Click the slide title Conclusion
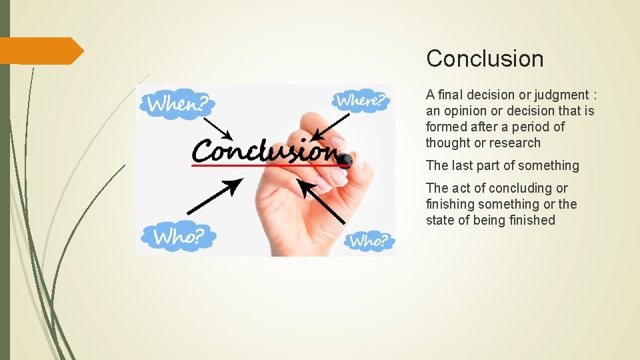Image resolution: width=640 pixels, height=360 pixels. click(485, 59)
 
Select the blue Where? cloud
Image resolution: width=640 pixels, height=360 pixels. click(360, 101)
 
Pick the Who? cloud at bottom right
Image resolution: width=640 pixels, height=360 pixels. click(369, 240)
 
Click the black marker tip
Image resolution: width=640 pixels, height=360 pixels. click(345, 161)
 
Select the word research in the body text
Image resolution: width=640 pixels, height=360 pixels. click(515, 143)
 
